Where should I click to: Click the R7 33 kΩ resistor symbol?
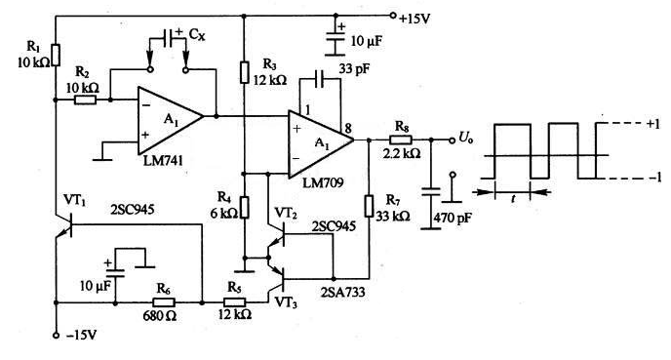(369, 206)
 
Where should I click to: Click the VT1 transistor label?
(74, 198)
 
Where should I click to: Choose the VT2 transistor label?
(286, 212)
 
